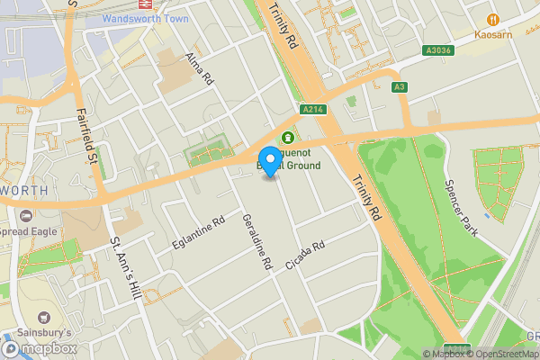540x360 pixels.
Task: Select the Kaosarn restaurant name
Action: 492,35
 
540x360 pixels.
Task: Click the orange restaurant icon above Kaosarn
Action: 492,19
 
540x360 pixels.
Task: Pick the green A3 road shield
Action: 399,87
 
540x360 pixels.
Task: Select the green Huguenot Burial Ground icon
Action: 288,137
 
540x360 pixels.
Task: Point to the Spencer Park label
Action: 465,190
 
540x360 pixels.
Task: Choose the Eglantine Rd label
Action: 199,233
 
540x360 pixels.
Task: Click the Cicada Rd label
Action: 304,252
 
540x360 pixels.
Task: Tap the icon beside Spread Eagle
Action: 25,215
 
